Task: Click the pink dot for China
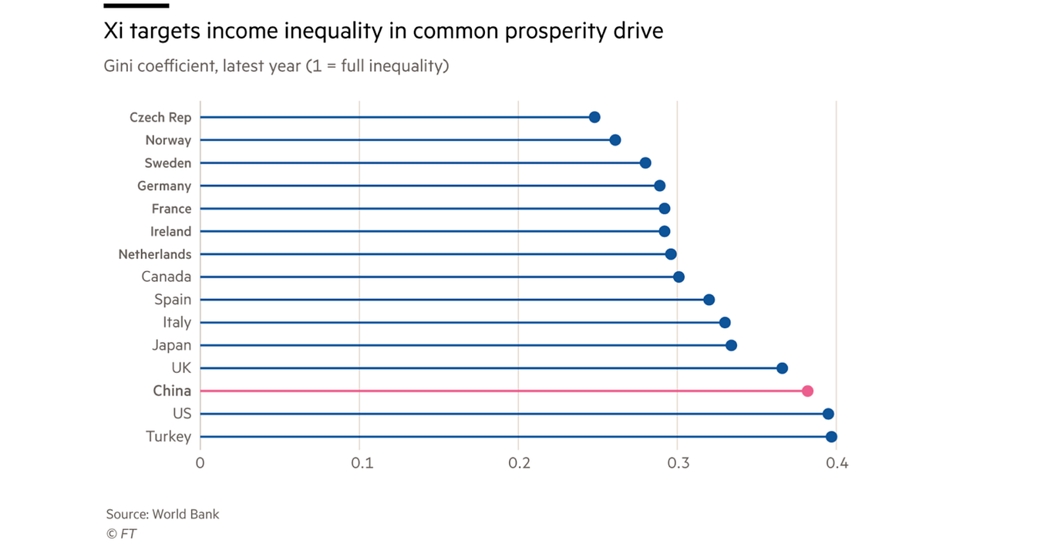click(x=807, y=391)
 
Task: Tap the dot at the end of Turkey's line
click(x=831, y=437)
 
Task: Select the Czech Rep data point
click(x=594, y=117)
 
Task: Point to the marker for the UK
click(x=782, y=368)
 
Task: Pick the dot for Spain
click(x=709, y=300)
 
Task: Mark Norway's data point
click(x=614, y=140)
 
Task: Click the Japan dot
click(x=731, y=345)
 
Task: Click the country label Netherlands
click(x=154, y=254)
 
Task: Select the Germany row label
click(x=163, y=186)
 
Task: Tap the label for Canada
click(x=166, y=277)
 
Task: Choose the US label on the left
click(x=182, y=414)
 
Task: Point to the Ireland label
click(x=170, y=231)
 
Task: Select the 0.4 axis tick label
click(x=837, y=464)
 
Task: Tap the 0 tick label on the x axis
click(x=200, y=464)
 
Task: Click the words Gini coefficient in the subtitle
click(x=159, y=66)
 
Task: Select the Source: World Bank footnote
click(x=163, y=514)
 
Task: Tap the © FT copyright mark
click(x=121, y=533)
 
